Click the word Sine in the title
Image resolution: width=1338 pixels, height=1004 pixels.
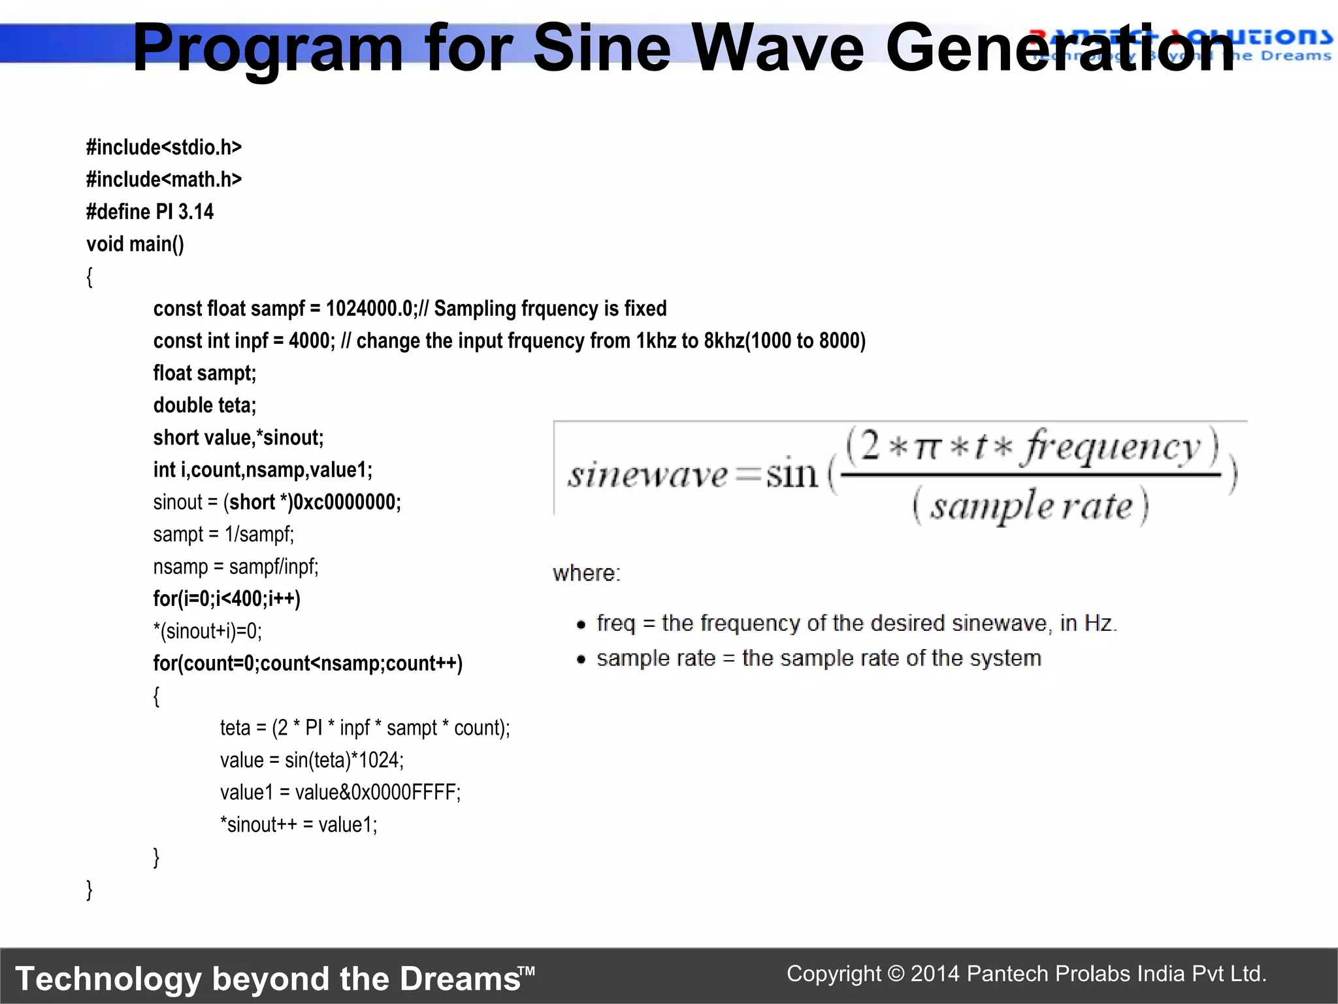[x=602, y=48]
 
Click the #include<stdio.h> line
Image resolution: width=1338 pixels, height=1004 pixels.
[x=164, y=148]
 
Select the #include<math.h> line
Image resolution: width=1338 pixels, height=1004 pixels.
[x=164, y=180]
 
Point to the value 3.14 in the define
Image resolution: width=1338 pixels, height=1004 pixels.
[x=196, y=212]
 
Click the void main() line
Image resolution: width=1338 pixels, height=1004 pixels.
[x=135, y=244]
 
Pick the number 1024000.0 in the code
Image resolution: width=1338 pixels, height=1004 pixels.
[x=369, y=309]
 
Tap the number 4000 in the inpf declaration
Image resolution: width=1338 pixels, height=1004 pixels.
[x=310, y=341]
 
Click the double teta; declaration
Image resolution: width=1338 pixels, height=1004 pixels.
[x=204, y=405]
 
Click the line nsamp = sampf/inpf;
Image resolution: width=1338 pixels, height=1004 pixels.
[x=236, y=567]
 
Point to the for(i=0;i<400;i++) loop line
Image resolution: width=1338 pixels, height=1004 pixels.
[x=227, y=599]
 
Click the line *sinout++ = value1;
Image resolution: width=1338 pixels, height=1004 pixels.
[x=299, y=825]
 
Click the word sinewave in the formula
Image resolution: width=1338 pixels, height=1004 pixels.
[x=647, y=475]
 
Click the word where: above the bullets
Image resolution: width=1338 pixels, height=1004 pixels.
[x=586, y=574]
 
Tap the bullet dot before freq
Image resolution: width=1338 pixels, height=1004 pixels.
[x=581, y=625]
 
